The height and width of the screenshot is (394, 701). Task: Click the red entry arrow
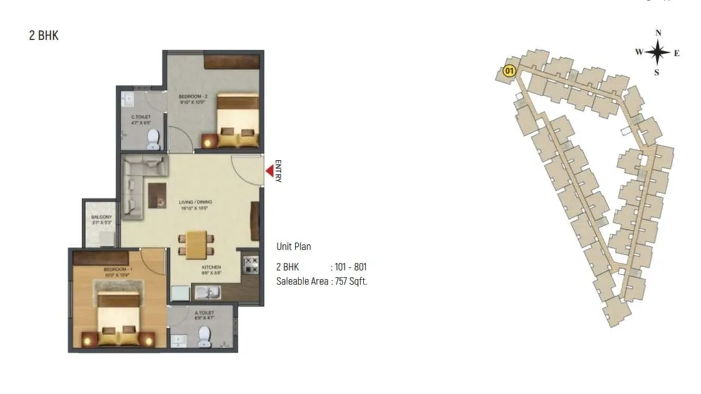270,170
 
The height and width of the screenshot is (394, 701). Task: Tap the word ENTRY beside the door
278,171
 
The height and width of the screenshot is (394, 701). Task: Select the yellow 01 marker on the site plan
510,71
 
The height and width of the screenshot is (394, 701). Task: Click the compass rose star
658,53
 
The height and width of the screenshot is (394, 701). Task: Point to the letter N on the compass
658,33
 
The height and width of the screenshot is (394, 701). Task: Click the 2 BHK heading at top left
43,35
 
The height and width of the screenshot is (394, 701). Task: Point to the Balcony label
101,219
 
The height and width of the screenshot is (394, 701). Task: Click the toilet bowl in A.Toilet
204,336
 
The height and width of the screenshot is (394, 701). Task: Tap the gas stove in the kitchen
251,265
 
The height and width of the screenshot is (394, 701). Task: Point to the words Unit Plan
294,247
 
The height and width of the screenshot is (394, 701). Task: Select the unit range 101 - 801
350,267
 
